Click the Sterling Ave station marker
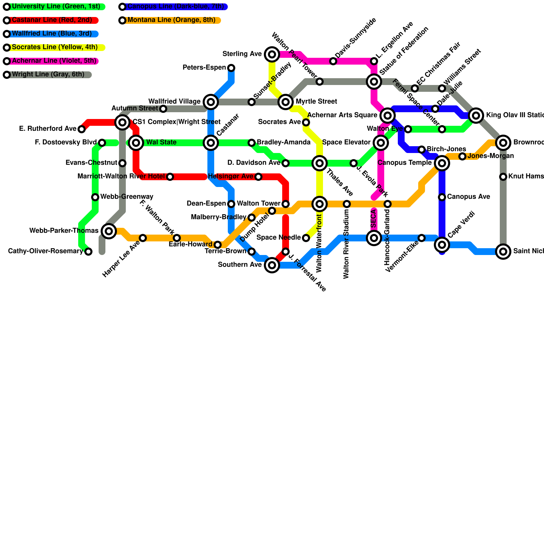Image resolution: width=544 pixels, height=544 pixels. tap(272, 54)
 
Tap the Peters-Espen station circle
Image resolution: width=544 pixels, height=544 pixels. tap(231, 68)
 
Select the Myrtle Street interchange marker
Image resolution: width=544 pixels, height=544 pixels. tap(286, 102)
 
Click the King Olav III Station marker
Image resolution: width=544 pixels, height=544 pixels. tap(476, 116)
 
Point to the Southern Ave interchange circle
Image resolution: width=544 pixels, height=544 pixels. tap(272, 265)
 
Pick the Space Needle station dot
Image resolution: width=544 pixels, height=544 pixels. tap(306, 238)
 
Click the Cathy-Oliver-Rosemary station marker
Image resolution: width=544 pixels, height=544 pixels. tap(88, 252)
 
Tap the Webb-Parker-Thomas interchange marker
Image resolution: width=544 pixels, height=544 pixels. tap(109, 231)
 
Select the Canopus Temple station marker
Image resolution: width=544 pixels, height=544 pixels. tap(442, 163)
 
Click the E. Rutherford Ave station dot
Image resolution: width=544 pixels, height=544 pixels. tap(82, 129)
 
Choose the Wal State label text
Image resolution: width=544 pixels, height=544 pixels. tap(161, 142)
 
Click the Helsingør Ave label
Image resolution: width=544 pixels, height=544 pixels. tap(231, 176)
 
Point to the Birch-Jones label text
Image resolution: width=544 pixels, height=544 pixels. tap(446, 149)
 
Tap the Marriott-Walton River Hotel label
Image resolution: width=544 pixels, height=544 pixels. tap(121, 176)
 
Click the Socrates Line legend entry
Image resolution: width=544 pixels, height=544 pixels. tap(54, 47)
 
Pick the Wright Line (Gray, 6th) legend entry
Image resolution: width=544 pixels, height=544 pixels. tap(48, 74)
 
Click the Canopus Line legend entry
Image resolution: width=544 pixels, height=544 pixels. tap(175, 6)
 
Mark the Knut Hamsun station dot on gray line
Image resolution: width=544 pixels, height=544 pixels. tap(503, 177)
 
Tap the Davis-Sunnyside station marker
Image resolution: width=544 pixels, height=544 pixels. tap(333, 61)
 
